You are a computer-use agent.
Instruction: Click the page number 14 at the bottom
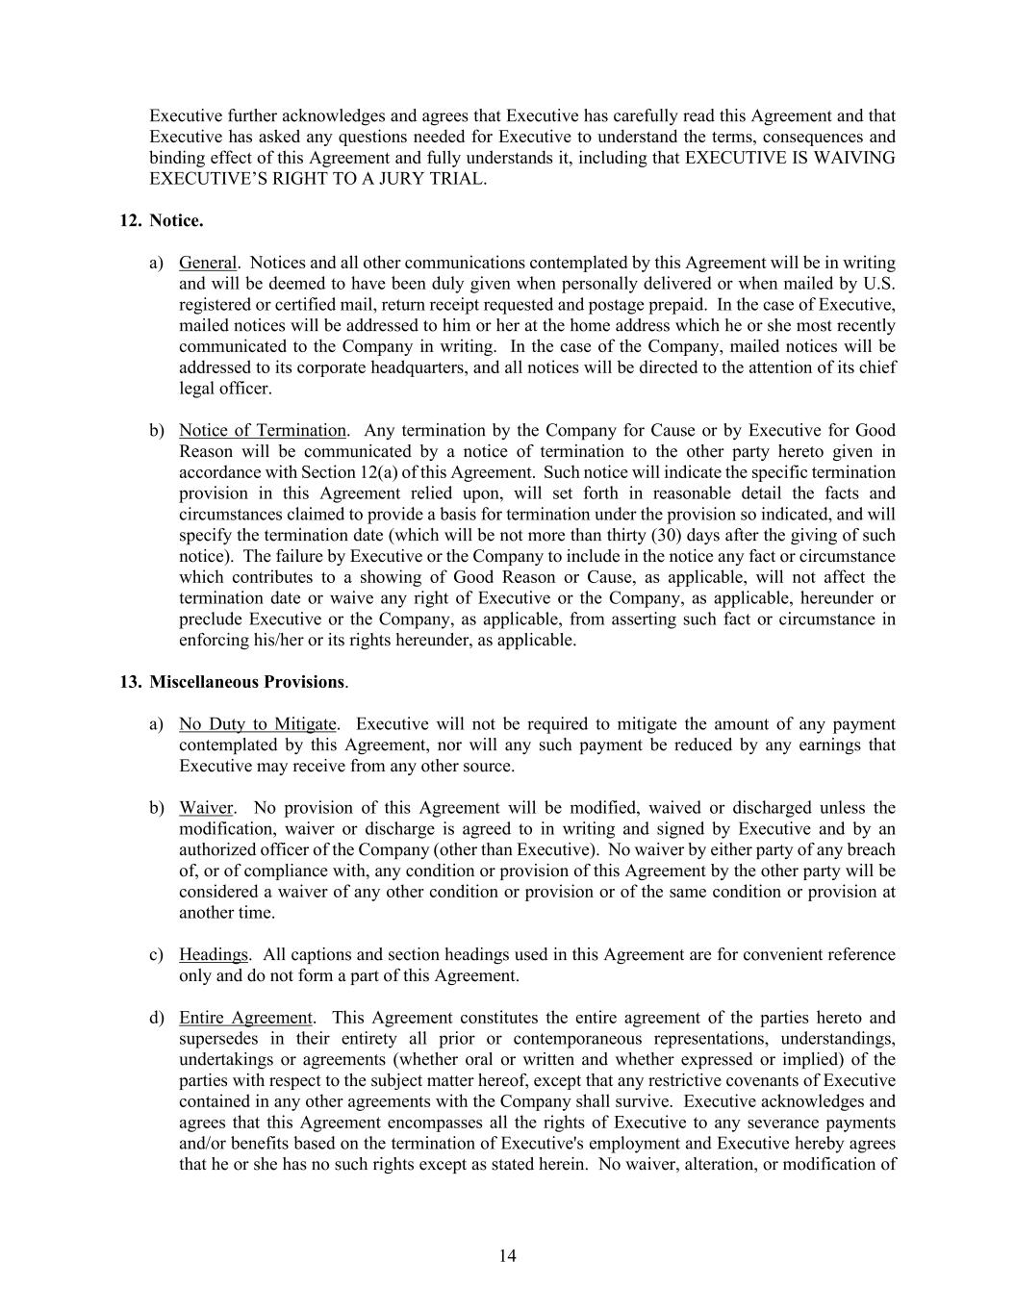click(x=508, y=1255)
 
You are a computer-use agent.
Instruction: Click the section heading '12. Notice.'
click(x=161, y=221)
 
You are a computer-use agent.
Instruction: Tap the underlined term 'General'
click(x=208, y=263)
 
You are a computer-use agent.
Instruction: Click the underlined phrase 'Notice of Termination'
click(x=263, y=430)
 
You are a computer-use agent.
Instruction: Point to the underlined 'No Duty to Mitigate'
click(x=258, y=723)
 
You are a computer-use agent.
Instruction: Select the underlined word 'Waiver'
click(x=206, y=808)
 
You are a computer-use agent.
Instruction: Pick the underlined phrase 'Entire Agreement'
click(x=245, y=1018)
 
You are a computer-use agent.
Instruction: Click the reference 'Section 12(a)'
click(x=347, y=472)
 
